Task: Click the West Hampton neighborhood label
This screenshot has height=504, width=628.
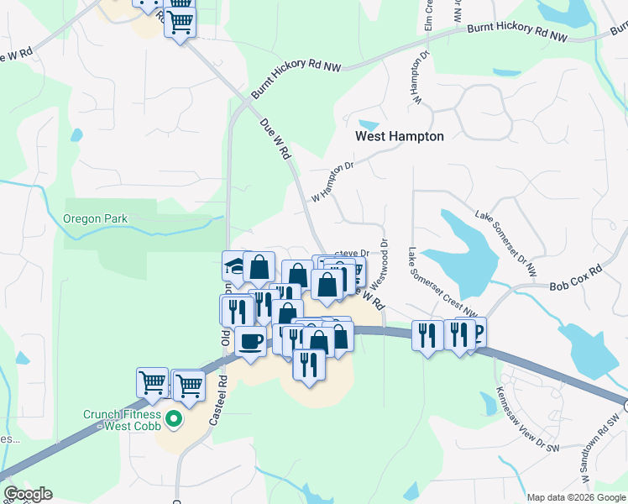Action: pyautogui.click(x=399, y=136)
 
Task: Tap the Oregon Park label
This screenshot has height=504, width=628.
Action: pyautogui.click(x=95, y=219)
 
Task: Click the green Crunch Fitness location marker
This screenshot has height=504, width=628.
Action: pyautogui.click(x=174, y=417)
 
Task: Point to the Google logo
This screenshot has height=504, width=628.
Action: pyautogui.click(x=27, y=494)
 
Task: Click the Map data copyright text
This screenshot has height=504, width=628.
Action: pyautogui.click(x=575, y=497)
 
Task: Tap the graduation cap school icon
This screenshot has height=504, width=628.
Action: pyautogui.click(x=233, y=266)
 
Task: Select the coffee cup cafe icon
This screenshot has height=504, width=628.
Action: pyautogui.click(x=249, y=341)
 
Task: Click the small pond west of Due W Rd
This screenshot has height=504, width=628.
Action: pyautogui.click(x=77, y=134)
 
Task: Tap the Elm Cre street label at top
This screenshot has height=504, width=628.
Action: pyautogui.click(x=428, y=17)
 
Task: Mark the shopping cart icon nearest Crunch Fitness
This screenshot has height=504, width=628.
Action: pyautogui.click(x=189, y=386)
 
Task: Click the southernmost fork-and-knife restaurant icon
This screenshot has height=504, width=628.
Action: pyautogui.click(x=309, y=364)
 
